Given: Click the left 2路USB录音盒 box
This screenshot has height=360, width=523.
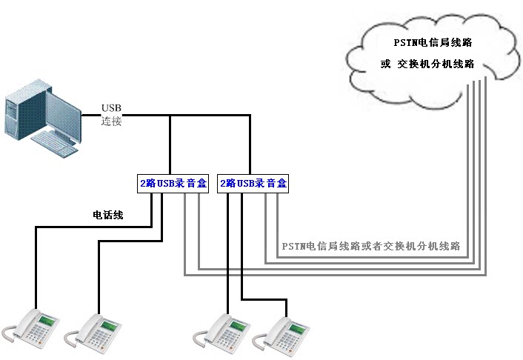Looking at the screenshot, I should click(x=173, y=183).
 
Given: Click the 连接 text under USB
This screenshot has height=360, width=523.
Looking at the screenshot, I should click(x=111, y=121).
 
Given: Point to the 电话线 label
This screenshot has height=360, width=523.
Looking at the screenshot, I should click(x=107, y=216).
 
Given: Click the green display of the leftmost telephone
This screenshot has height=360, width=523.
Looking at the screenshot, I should click(x=46, y=321).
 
